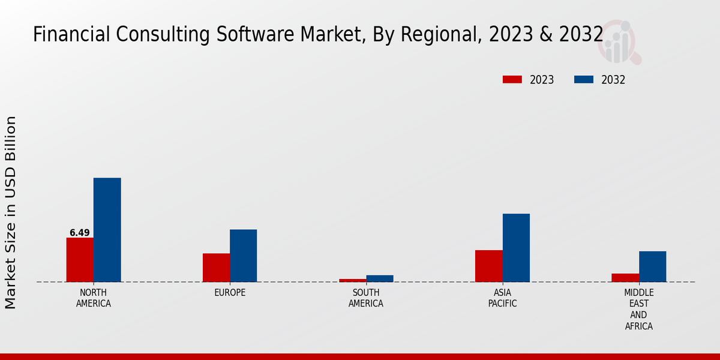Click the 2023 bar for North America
coord(80,260)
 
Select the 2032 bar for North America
coord(107,230)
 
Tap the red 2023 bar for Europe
coord(216,268)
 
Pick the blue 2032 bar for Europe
coord(243,256)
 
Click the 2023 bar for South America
coord(352,280)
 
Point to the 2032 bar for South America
coord(380,278)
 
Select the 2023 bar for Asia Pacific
coord(488,266)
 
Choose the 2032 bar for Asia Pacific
coord(516,248)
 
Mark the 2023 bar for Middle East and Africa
coord(625,278)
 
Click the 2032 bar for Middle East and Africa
coord(652,266)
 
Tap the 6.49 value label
coord(80,233)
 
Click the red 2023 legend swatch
coord(512,80)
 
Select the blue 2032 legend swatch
coord(584,80)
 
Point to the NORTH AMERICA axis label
coord(94,298)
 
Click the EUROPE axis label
coord(230,293)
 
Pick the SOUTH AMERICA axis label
coord(366,298)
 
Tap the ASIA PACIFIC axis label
coord(502,298)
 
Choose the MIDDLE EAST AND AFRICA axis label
coord(638,310)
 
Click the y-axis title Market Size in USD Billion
coord(11,212)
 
